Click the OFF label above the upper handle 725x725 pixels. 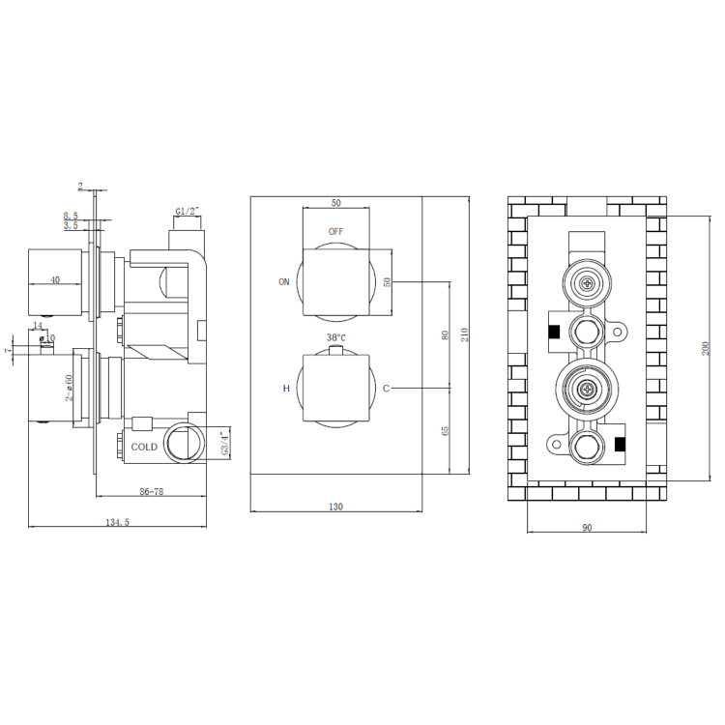coord(335,231)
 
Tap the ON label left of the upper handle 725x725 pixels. coord(284,282)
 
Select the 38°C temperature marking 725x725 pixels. coord(335,337)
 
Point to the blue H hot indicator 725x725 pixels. coord(285,389)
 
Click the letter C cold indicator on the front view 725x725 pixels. coord(386,389)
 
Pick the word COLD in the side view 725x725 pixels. coord(145,446)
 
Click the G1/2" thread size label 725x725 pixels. coord(188,211)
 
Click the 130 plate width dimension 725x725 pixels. coord(335,506)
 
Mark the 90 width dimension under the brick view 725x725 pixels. coord(587,527)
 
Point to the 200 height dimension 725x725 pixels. coord(704,347)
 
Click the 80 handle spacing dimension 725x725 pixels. coord(445,335)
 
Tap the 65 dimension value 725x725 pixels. coord(445,430)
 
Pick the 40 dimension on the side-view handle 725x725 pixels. coord(54,279)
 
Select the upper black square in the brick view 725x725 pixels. coord(554,332)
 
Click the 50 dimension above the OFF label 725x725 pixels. coord(335,203)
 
